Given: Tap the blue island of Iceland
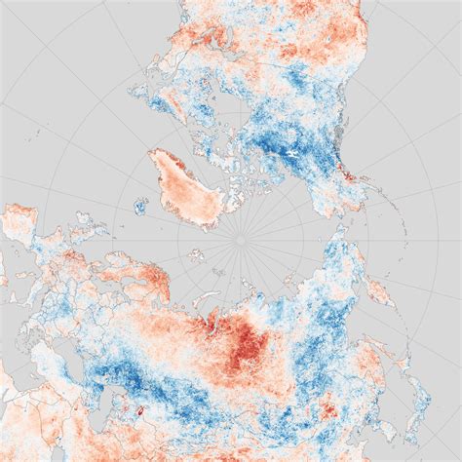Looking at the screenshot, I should (140, 207).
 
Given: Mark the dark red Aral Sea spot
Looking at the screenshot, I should (140, 415).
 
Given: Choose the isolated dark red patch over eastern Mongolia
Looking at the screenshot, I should (327, 404).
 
